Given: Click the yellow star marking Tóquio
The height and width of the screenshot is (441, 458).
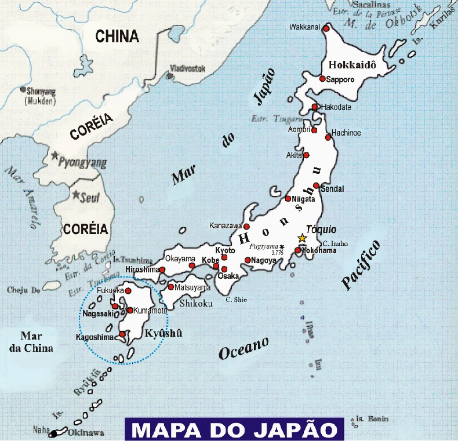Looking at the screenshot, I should click(x=301, y=238).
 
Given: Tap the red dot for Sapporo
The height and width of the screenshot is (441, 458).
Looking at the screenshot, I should click(x=322, y=79).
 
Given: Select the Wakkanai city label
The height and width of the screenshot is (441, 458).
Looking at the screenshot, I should click(x=306, y=27).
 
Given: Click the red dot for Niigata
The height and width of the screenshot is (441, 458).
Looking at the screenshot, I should click(x=288, y=199).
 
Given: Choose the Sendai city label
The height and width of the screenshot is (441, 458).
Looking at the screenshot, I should click(x=332, y=189).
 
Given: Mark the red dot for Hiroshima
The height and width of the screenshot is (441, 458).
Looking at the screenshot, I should click(x=162, y=270).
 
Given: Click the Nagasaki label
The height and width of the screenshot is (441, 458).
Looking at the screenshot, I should click(x=97, y=314).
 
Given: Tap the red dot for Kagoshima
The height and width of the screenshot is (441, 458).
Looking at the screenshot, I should click(x=122, y=334).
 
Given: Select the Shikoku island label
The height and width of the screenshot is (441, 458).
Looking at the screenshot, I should click(x=196, y=303).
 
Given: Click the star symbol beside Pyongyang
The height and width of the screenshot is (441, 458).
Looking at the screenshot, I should click(x=54, y=156).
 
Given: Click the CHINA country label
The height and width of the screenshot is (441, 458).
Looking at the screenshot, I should click(x=117, y=37).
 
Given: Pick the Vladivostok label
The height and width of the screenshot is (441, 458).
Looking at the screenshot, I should click(x=188, y=68).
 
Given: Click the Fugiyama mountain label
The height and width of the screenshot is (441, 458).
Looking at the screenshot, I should click(x=264, y=246).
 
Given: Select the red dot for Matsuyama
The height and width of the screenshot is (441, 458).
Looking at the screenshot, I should click(x=171, y=287).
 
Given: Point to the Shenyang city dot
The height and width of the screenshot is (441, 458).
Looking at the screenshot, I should click(x=23, y=90).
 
